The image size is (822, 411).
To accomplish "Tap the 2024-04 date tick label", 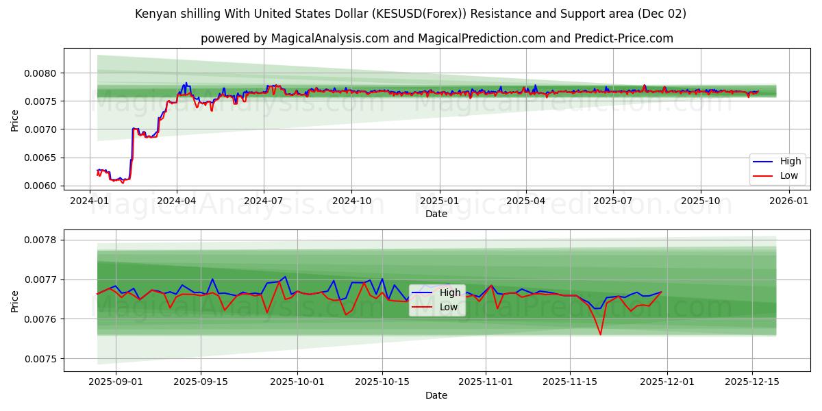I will (x=177, y=201).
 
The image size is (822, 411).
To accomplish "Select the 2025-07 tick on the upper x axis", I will (x=612, y=201).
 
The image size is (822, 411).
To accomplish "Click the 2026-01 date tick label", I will (x=789, y=201).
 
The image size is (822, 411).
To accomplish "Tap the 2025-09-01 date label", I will (x=116, y=382).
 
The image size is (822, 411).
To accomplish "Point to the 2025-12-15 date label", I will (x=752, y=382).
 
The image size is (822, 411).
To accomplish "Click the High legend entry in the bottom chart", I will (x=449, y=293).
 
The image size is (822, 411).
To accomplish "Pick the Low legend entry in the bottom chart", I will (x=448, y=307).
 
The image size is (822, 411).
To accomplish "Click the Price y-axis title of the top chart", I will (x=15, y=120).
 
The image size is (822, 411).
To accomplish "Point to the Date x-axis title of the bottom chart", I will (x=436, y=395).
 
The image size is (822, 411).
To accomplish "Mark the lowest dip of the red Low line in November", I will (x=601, y=334).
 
